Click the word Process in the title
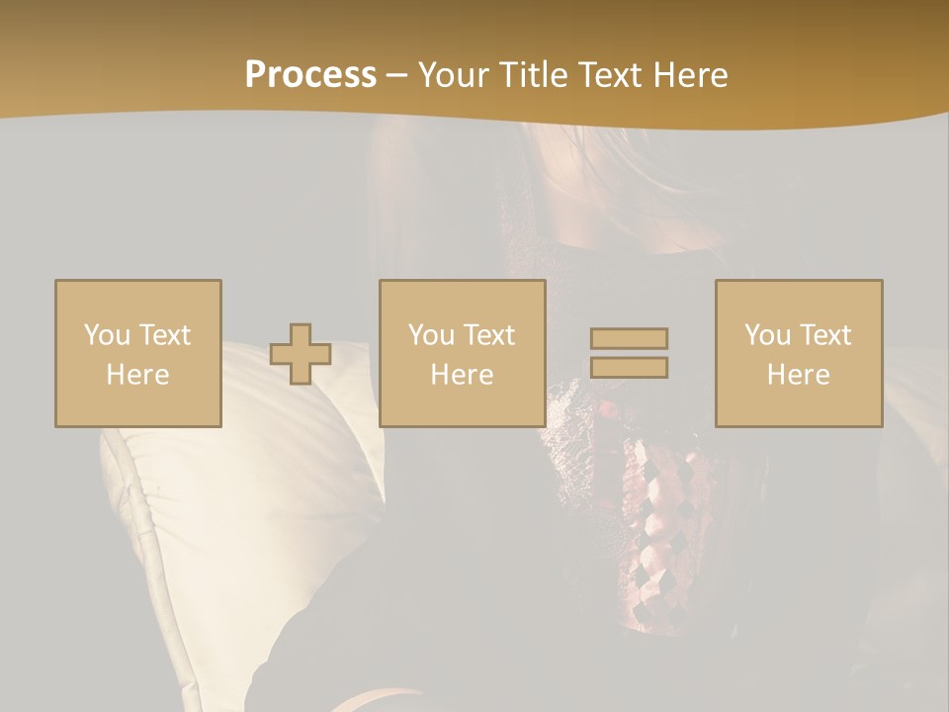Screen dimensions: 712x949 310,75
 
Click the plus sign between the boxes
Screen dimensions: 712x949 301,354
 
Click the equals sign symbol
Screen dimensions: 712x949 629,353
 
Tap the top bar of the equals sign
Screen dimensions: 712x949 629,339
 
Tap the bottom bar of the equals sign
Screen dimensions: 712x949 629,367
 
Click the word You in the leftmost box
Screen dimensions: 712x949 106,335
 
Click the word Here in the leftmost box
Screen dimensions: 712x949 138,375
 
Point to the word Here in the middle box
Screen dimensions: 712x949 463,375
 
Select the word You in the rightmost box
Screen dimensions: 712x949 766,335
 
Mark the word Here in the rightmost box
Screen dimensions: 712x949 799,375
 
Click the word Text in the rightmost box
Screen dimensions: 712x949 825,335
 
